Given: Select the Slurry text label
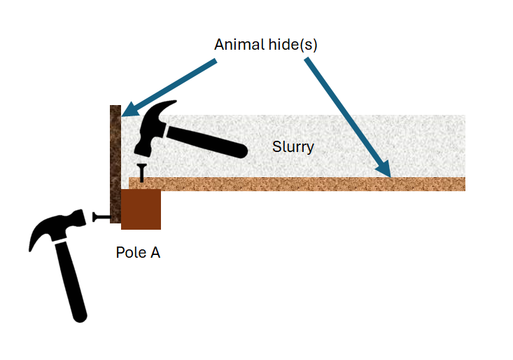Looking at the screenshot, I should tap(293, 147).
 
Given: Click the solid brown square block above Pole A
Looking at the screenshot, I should tap(141, 209).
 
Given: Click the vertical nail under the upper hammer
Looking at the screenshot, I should tap(142, 173).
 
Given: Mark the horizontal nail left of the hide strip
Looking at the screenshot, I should tap(102, 217).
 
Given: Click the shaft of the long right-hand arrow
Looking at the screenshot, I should tap(343, 112).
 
